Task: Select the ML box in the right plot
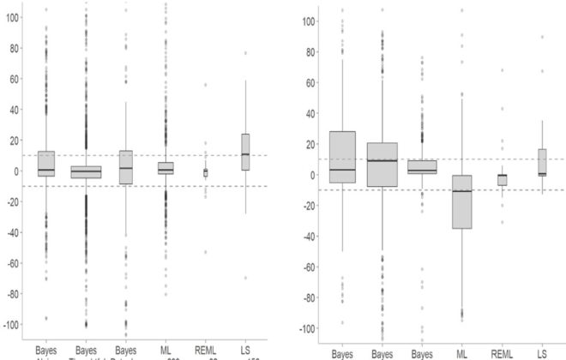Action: pyautogui.click(x=462, y=201)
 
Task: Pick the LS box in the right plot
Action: pyautogui.click(x=542, y=162)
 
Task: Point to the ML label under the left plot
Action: pyautogui.click(x=166, y=351)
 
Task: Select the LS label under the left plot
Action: pyautogui.click(x=245, y=351)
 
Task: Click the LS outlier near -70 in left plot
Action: pyautogui.click(x=245, y=278)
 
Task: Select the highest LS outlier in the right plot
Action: pyautogui.click(x=542, y=37)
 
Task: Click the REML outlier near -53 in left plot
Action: pyautogui.click(x=205, y=252)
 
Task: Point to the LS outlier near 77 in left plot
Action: pyautogui.click(x=245, y=53)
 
